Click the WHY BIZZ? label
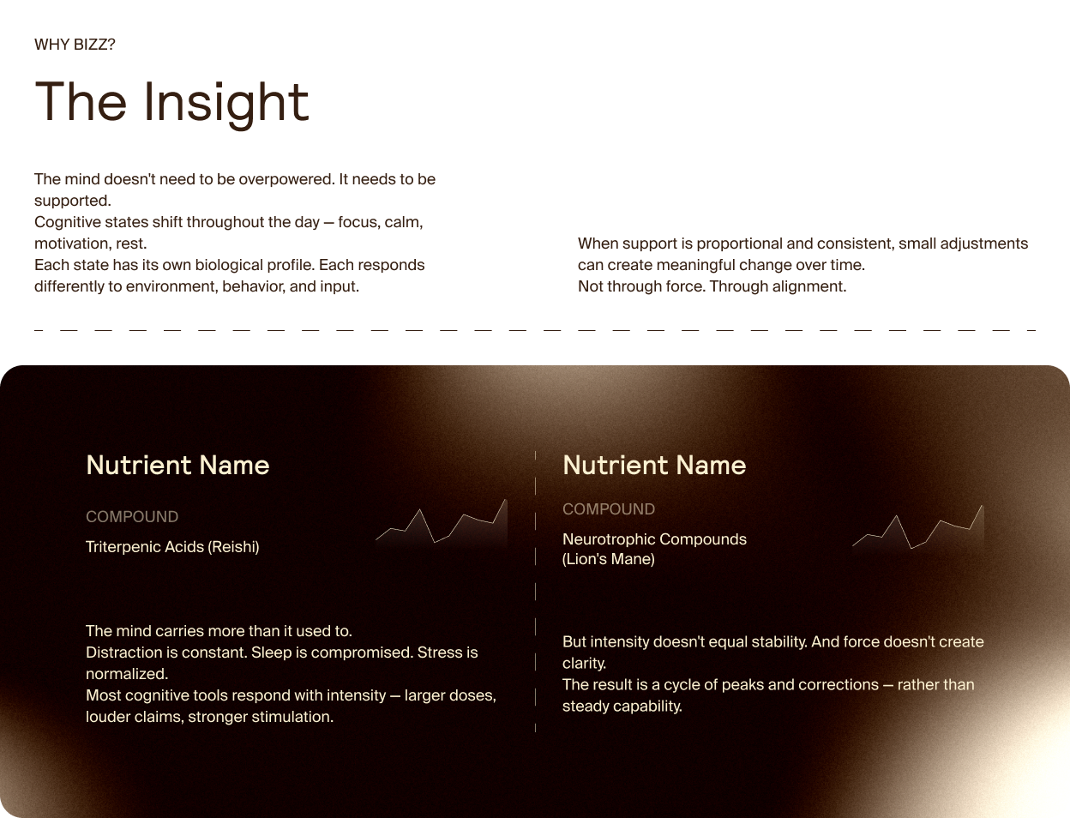pyautogui.click(x=75, y=45)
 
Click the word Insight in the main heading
pyautogui.click(x=225, y=103)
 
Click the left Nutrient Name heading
pyautogui.click(x=177, y=465)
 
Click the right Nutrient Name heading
pyautogui.click(x=654, y=465)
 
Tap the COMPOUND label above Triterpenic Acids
pyautogui.click(x=132, y=517)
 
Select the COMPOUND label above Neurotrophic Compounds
pyautogui.click(x=609, y=509)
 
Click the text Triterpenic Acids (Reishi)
pyautogui.click(x=172, y=547)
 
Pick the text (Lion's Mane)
pyautogui.click(x=609, y=559)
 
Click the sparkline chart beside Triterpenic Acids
pyautogui.click(x=442, y=525)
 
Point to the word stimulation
pyautogui.click(x=292, y=717)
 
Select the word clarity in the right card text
pyautogui.click(x=583, y=663)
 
